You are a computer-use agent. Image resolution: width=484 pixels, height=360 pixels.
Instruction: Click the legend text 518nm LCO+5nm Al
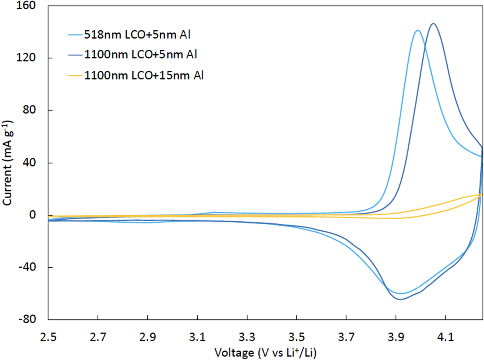[x=137, y=34]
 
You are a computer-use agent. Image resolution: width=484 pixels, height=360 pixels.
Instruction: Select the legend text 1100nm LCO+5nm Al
[x=140, y=55]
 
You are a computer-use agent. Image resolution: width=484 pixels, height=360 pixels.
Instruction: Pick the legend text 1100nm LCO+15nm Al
[x=144, y=75]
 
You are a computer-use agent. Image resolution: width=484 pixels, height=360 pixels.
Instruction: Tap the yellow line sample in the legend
[x=76, y=75]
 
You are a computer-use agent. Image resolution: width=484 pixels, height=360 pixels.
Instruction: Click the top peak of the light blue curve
[x=418, y=30]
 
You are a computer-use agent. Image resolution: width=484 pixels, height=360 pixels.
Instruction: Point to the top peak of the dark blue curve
[x=433, y=23]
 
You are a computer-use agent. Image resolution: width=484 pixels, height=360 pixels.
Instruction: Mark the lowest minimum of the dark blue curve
[x=400, y=299]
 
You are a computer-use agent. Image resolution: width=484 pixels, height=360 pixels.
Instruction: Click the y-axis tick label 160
[x=26, y=6]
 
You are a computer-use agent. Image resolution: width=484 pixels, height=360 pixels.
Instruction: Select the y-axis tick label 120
[x=26, y=58]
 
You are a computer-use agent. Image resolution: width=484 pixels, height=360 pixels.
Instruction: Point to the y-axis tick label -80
[x=27, y=319]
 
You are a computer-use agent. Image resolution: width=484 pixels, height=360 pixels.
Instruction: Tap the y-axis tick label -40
[x=27, y=267]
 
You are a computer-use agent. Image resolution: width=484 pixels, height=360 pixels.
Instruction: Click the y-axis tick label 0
[x=32, y=215]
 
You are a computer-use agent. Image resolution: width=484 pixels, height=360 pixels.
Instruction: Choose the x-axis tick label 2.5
[x=48, y=337]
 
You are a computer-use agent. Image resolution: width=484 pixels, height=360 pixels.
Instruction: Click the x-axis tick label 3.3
[x=247, y=337]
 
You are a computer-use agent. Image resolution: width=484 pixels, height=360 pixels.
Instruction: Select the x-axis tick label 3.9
[x=396, y=337]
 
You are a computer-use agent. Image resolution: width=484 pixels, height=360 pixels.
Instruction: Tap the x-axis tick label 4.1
[x=445, y=337]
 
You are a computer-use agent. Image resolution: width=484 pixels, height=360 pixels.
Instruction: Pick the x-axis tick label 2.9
[x=147, y=337]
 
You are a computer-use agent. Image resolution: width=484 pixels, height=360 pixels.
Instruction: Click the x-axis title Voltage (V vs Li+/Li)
[x=265, y=353]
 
